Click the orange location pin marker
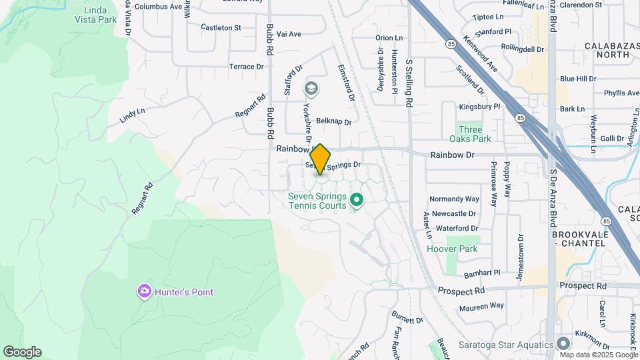click(x=320, y=159)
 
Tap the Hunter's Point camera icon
click(x=144, y=291)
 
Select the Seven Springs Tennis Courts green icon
click(x=357, y=199)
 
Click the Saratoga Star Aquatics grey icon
click(x=563, y=345)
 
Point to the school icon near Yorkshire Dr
click(x=311, y=88)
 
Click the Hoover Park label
click(x=452, y=249)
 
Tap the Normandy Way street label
click(x=454, y=199)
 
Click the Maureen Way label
click(x=481, y=306)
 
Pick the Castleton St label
click(x=221, y=28)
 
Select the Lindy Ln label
click(x=132, y=115)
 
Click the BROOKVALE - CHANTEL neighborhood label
click(x=579, y=239)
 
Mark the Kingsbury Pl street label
click(x=479, y=107)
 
